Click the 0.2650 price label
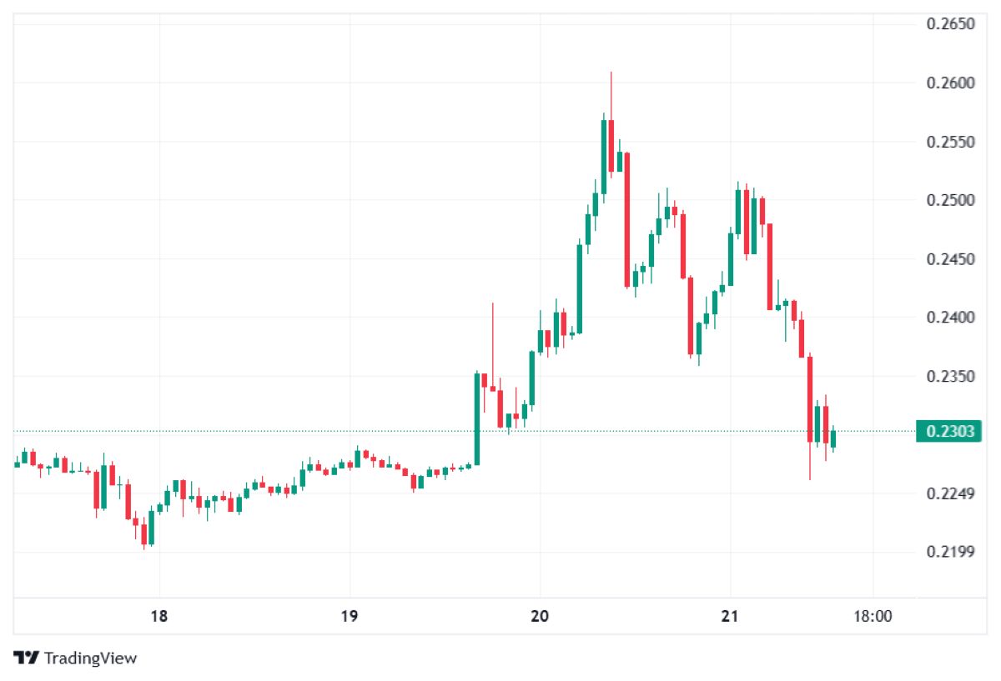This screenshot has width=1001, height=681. coord(951,23)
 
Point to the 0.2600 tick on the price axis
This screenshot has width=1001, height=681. coord(951,83)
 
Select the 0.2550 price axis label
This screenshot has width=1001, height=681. coord(951,142)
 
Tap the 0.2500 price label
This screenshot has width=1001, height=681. coord(951,200)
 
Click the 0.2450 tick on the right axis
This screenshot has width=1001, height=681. coord(951,259)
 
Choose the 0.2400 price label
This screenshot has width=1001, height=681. coord(951,318)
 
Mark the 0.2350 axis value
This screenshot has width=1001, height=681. coord(951,377)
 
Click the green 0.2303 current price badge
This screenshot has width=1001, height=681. coord(949,431)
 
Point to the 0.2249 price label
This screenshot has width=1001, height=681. coord(951,494)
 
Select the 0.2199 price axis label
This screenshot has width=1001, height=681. coord(951,553)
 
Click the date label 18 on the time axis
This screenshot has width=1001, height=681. coord(159,617)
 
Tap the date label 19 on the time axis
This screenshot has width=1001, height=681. coord(350,617)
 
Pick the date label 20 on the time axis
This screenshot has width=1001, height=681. coord(540,617)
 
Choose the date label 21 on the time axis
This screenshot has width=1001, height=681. coord(730,617)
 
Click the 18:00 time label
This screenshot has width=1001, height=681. coord(873,617)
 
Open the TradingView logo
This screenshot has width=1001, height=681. coord(75,658)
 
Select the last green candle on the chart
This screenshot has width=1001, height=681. coord(833,438)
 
